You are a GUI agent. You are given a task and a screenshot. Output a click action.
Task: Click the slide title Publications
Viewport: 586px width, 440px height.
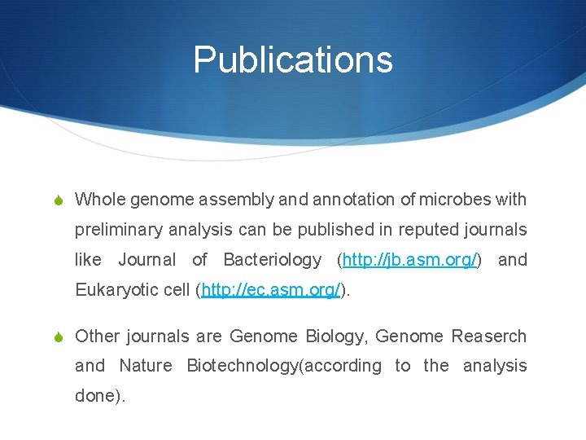pyautogui.click(x=293, y=59)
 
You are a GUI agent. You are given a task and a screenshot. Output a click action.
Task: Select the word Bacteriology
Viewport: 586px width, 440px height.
pyautogui.click(x=272, y=260)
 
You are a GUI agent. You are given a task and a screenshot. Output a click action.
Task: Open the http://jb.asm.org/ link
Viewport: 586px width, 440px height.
pyautogui.click(x=411, y=260)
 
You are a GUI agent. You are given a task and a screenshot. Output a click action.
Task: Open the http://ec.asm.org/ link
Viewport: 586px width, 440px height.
pyautogui.click(x=271, y=290)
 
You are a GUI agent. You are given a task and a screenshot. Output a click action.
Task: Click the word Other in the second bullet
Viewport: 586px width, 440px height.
pyautogui.click(x=98, y=336)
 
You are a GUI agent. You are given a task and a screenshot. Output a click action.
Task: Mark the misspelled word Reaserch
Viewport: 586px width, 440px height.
pyautogui.click(x=489, y=336)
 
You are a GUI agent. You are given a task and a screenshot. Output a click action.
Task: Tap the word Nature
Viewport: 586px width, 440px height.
pyautogui.click(x=146, y=366)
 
